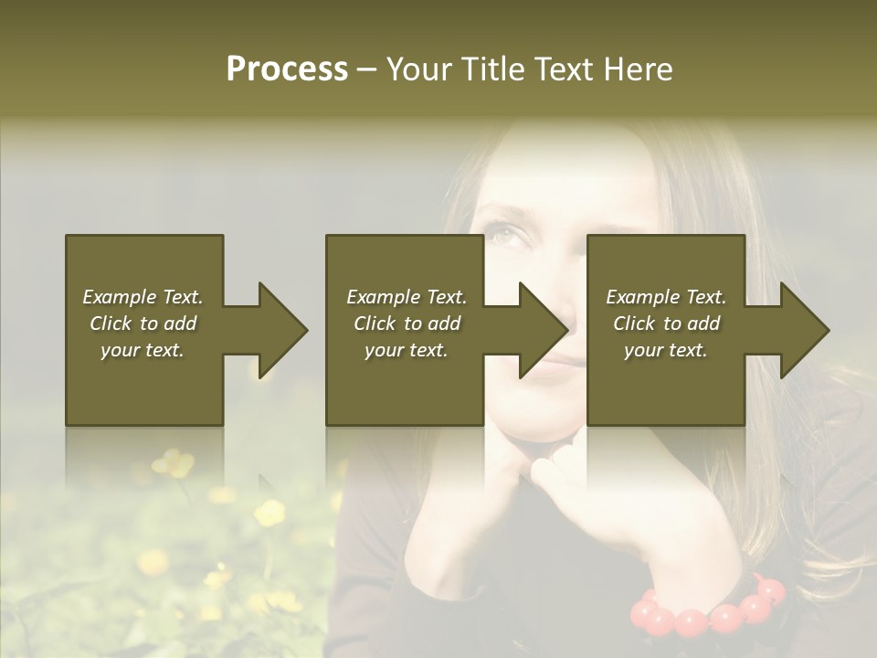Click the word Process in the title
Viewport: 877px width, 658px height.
click(x=287, y=69)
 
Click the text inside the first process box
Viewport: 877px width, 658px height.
click(x=143, y=324)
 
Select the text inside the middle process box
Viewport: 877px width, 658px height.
click(x=407, y=324)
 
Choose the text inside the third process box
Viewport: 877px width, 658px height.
click(x=666, y=324)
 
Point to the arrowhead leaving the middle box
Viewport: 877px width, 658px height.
click(x=543, y=330)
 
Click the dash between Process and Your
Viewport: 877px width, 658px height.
click(x=367, y=69)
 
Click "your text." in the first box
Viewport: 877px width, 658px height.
click(x=143, y=350)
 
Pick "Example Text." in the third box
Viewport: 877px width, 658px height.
click(x=666, y=297)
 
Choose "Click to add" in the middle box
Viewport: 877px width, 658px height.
click(x=407, y=324)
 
